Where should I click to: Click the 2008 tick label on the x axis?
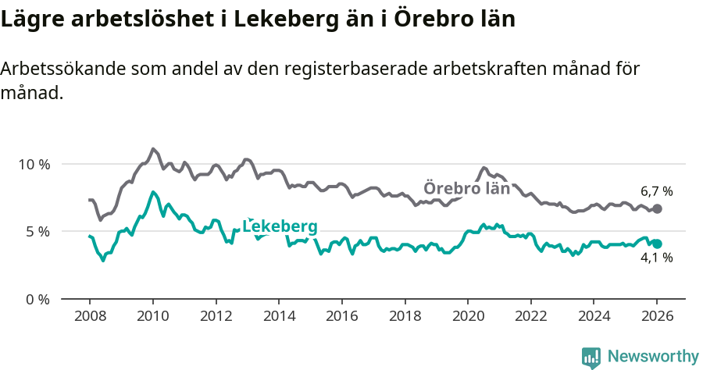point(89,318)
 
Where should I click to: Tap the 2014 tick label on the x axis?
point(278,318)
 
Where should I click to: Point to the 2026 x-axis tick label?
point(657,318)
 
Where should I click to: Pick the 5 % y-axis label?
point(37,232)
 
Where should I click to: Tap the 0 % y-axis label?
point(37,300)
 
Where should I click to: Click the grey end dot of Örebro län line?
point(657,209)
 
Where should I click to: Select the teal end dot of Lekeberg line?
point(657,244)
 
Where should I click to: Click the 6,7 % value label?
point(656,191)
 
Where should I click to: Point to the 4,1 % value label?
point(656,258)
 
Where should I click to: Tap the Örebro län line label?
point(466,188)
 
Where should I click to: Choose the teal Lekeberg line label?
point(280,226)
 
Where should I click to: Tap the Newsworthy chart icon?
point(591,357)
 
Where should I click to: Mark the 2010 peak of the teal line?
point(153,192)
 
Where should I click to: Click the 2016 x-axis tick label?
point(341,318)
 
